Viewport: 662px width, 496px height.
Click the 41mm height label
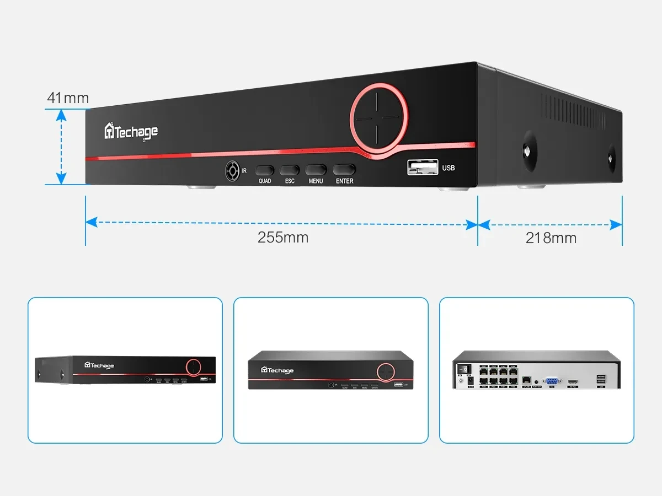pos(68,98)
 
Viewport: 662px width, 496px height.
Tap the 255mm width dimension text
pos(282,238)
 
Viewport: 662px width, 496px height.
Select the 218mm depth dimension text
pos(551,238)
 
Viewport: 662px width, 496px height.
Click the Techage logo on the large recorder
pos(131,132)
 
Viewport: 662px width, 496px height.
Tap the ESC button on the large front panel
pos(289,170)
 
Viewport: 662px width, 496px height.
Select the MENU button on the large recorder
pos(316,170)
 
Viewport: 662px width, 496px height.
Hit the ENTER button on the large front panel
pos(344,170)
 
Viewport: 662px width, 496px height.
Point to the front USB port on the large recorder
pos(420,166)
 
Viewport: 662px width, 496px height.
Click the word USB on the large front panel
pos(449,168)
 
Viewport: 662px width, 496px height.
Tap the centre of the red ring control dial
pos(379,117)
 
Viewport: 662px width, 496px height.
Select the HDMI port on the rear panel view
pos(573,381)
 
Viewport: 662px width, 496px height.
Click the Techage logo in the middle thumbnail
pos(277,370)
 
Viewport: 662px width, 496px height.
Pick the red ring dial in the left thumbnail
pos(193,366)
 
